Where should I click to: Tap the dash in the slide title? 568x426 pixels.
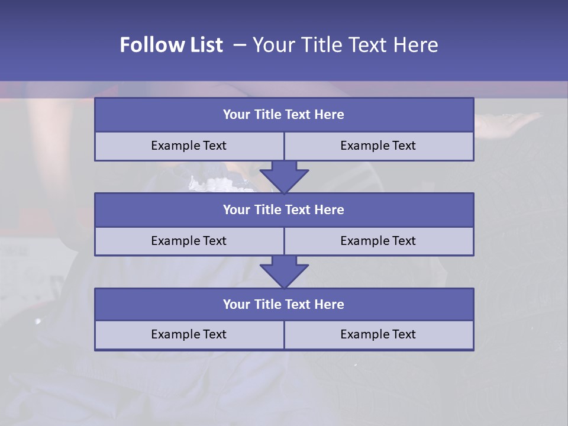click(240, 45)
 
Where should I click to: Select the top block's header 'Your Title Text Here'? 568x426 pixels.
click(283, 115)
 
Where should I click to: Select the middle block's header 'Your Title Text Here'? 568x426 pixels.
click(283, 209)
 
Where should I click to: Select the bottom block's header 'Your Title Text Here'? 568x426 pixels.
click(283, 304)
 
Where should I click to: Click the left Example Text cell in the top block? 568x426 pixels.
click(189, 146)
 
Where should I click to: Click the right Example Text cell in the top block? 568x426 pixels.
click(378, 146)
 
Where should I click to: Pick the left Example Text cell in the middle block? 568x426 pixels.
click(189, 241)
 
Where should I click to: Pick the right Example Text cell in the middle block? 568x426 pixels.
click(378, 241)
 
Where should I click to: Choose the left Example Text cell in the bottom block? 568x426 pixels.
click(189, 334)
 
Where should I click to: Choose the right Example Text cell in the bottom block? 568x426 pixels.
click(378, 334)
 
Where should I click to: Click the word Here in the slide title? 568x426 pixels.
click(417, 45)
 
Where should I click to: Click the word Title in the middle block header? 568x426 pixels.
click(267, 209)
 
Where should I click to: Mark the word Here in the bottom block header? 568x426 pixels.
click(329, 304)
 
